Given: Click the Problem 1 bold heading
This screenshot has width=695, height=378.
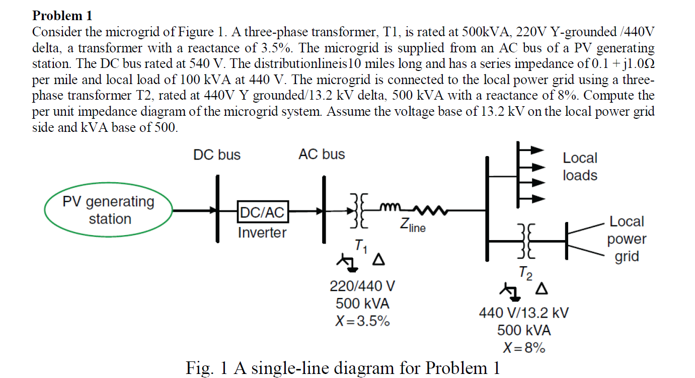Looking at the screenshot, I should click(x=62, y=16).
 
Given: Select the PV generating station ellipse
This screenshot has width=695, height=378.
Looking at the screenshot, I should click(x=109, y=210).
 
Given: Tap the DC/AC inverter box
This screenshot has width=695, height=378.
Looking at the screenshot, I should click(x=261, y=212).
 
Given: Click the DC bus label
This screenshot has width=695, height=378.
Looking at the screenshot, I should click(x=217, y=155).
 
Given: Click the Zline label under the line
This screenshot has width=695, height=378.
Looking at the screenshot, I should click(x=413, y=227).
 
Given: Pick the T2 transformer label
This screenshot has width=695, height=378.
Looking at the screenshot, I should click(x=525, y=274).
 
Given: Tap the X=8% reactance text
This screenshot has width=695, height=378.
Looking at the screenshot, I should click(x=524, y=348).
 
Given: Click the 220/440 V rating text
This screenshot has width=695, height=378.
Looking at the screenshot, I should click(x=362, y=286).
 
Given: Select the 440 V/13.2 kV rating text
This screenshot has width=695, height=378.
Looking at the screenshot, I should click(x=524, y=313).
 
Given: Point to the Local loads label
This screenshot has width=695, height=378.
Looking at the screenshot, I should click(x=580, y=167).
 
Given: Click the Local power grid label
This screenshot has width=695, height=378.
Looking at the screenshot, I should click(x=627, y=239).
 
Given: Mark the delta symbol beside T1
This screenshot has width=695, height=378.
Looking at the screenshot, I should click(x=378, y=260).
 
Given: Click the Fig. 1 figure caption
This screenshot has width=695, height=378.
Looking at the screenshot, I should click(x=343, y=368).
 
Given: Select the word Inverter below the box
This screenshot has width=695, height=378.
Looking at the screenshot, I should click(x=262, y=233).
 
